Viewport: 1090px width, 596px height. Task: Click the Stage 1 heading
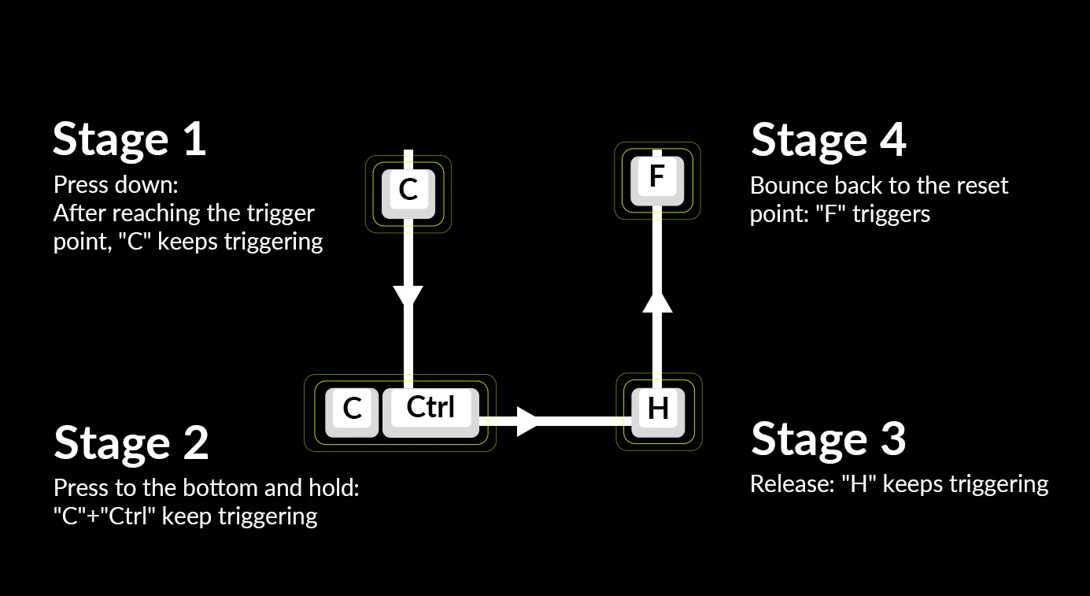click(129, 139)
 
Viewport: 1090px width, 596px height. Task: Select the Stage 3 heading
click(828, 438)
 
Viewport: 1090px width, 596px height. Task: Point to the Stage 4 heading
click(828, 139)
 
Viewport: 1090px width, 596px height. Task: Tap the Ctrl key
click(430, 409)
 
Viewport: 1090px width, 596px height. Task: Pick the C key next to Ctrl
click(353, 410)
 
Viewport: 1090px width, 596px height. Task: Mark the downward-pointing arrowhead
click(408, 296)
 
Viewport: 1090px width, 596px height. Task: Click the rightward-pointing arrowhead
click(526, 421)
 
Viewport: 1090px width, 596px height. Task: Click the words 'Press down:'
click(116, 186)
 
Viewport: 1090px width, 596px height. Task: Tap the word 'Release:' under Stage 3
click(791, 484)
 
